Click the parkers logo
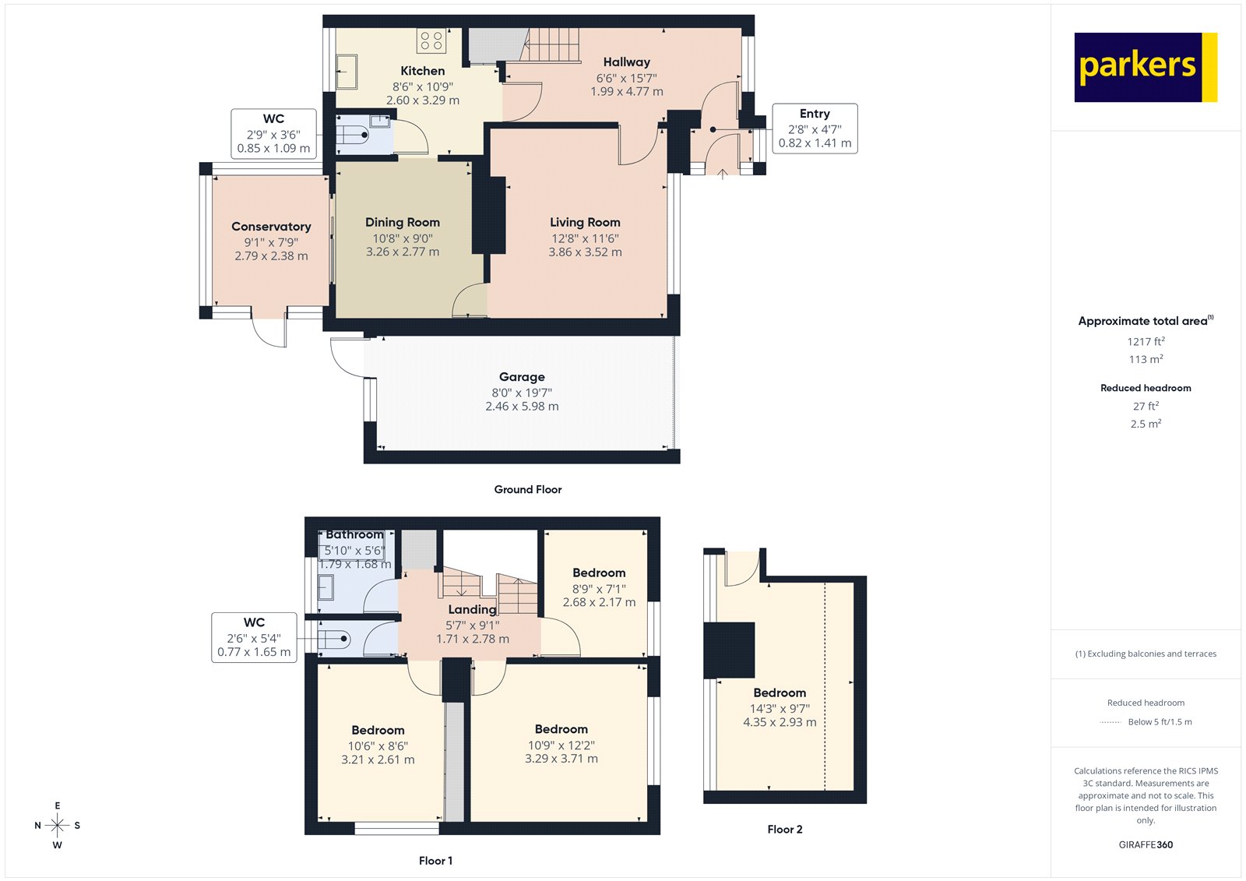(x=1145, y=67)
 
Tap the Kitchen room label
(x=422, y=71)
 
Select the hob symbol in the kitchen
(x=431, y=41)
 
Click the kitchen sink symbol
(x=347, y=72)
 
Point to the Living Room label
(x=585, y=223)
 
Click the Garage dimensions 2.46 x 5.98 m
(x=522, y=407)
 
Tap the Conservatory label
(x=271, y=227)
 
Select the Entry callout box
(x=815, y=129)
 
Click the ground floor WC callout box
(x=273, y=134)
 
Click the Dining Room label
(x=403, y=223)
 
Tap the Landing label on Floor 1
(x=472, y=609)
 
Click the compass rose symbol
(x=57, y=825)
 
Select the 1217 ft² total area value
(x=1146, y=341)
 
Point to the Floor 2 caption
(x=784, y=830)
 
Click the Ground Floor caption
(x=527, y=489)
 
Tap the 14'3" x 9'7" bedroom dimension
(x=780, y=709)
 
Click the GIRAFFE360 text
(x=1146, y=844)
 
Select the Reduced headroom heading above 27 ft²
(x=1146, y=388)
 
